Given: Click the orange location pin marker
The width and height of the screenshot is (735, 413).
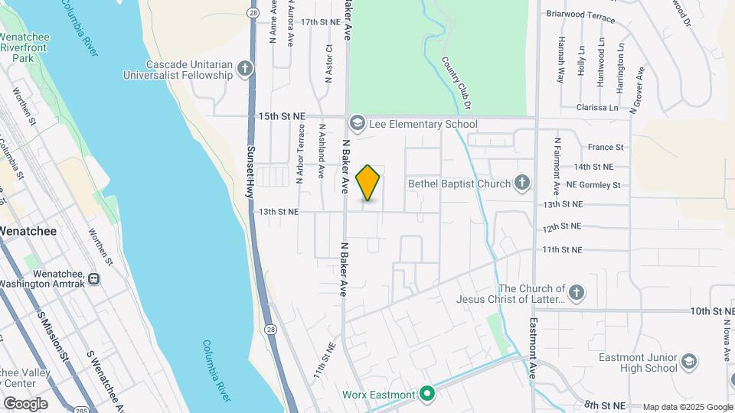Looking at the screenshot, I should click(368, 182).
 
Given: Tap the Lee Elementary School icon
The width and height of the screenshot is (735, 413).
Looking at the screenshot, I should click(357, 123).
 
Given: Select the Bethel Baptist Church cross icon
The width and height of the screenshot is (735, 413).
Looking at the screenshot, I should click(521, 183).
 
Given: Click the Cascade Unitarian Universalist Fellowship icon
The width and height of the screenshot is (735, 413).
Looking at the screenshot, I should click(244, 70).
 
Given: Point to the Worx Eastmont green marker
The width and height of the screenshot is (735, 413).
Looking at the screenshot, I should click(427, 395).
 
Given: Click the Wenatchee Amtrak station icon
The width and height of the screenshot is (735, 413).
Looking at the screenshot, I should click(93, 279).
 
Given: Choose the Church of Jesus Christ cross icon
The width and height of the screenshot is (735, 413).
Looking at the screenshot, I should click(576, 292).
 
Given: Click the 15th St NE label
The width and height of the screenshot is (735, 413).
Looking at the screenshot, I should click(282, 116).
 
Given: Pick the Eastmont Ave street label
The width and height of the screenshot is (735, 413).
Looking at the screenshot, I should click(533, 349).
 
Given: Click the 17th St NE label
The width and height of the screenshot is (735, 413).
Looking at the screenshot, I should click(320, 22).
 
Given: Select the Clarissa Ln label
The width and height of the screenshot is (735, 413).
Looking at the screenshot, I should click(596, 108).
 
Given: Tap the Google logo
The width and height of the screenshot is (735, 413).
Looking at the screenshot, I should click(25, 403).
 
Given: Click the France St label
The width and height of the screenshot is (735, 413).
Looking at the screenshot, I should click(606, 147).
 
